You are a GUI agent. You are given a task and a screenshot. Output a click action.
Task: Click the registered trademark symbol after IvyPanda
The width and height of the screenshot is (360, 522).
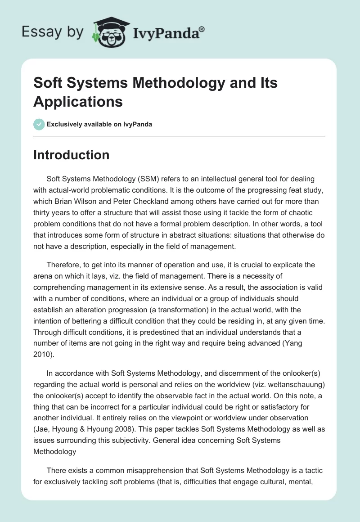(202, 29)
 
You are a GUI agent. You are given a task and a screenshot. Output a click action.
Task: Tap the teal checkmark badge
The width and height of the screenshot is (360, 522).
(39, 124)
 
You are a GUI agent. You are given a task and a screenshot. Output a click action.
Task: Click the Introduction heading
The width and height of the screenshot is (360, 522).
(72, 155)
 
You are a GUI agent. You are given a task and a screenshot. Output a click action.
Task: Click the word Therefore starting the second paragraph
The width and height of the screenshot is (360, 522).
(66, 265)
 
